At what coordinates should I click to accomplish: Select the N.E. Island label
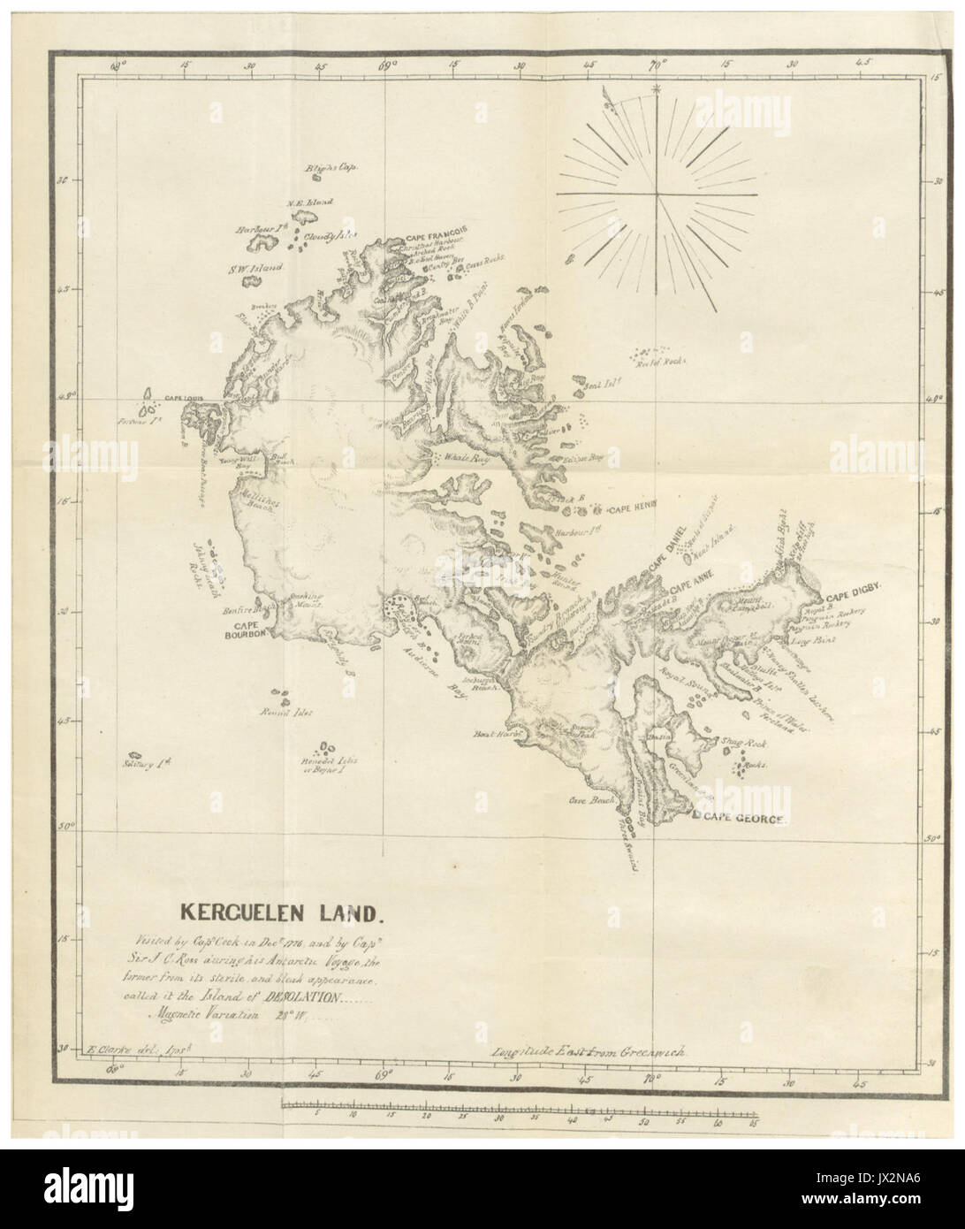(308, 202)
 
